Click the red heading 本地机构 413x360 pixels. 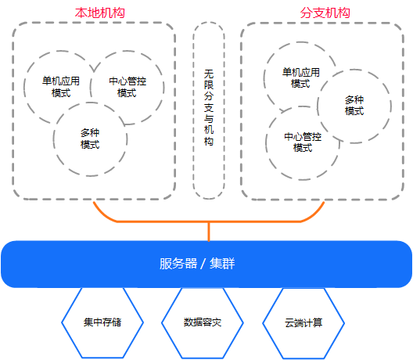click(100, 13)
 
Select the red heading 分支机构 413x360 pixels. click(325, 13)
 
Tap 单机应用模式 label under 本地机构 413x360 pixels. click(61, 87)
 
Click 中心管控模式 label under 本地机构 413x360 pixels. click(127, 87)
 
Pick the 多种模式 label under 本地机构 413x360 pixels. click(90, 139)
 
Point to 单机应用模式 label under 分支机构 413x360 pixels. click(301, 77)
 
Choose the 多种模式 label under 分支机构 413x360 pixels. click(354, 105)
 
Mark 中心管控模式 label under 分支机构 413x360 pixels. click(303, 142)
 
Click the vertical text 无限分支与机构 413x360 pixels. click(209, 107)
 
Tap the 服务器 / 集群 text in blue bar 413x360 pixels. click(197, 264)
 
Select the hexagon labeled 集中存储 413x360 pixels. click(102, 323)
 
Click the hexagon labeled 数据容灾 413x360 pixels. click(203, 323)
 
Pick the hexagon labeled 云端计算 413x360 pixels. click(303, 323)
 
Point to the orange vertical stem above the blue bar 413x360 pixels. click(209, 232)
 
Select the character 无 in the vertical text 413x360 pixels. click(209, 74)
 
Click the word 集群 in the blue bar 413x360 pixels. click(222, 264)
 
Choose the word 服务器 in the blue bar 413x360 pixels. click(178, 264)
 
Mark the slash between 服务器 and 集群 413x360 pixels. click(203, 264)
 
